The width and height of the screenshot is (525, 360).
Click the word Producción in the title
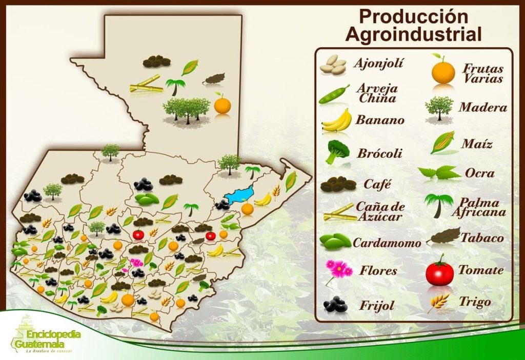pyautogui.click(x=413, y=16)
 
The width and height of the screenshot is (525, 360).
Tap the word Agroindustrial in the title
pyautogui.click(x=413, y=34)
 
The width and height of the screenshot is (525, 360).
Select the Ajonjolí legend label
pyautogui.click(x=378, y=64)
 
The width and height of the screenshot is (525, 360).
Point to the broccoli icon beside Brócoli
pyautogui.click(x=337, y=151)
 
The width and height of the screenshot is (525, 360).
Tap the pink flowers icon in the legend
pyautogui.click(x=338, y=270)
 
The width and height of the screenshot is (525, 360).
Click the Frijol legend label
pyautogui.click(x=376, y=306)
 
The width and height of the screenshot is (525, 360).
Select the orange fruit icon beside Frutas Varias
pyautogui.click(x=443, y=72)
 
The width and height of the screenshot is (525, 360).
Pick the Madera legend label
pyautogui.click(x=482, y=108)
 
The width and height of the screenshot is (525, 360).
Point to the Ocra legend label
pyautogui.click(x=479, y=173)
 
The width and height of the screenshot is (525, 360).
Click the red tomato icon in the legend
pyautogui.click(x=439, y=272)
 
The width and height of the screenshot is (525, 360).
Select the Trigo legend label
pyautogui.click(x=474, y=302)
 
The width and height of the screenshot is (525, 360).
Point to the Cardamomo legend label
pyautogui.click(x=387, y=243)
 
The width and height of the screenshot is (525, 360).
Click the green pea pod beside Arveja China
pyautogui.click(x=334, y=94)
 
